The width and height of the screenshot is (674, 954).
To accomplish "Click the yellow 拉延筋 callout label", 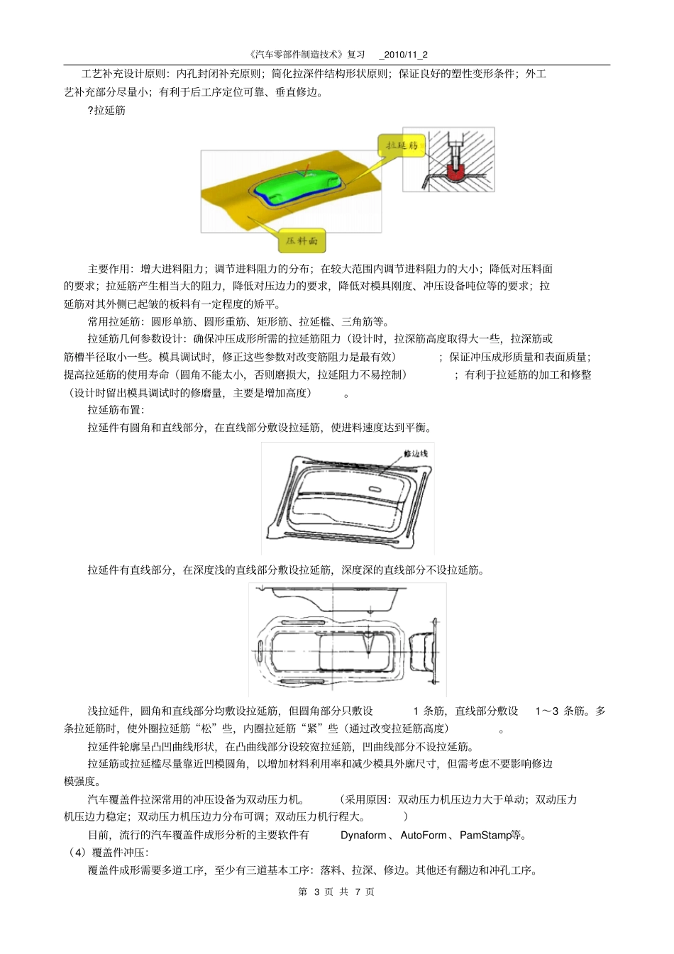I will pos(401,146).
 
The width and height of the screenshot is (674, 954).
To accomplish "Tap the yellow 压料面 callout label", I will pos(302,240).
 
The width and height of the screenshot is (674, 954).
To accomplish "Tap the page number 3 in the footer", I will pos(316,892).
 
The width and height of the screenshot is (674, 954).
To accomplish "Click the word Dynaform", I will pos(363,835).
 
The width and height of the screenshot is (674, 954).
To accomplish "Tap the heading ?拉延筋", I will pos(106,110).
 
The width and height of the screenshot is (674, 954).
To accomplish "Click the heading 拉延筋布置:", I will pos(116,409).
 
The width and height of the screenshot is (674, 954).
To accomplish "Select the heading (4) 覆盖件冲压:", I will pos(106,852).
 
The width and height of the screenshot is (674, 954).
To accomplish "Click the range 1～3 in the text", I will pos(546,711).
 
